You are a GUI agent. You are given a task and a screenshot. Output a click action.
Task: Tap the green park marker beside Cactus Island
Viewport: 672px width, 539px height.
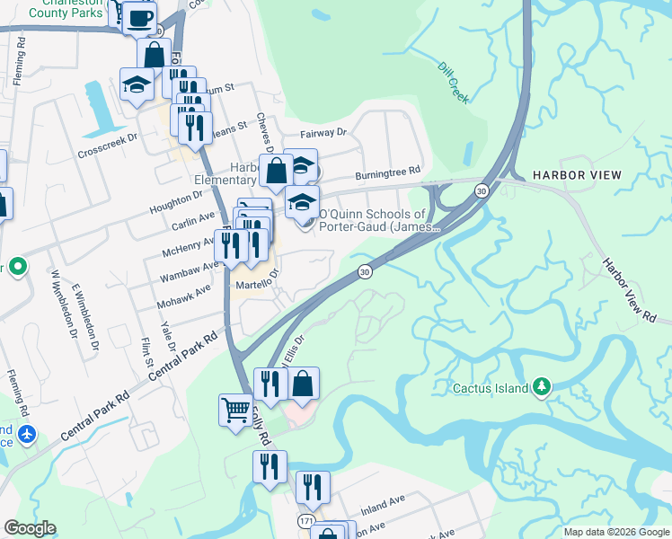[x=541, y=387]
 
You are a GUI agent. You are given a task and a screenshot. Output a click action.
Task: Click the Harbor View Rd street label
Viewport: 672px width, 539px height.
[x=629, y=291]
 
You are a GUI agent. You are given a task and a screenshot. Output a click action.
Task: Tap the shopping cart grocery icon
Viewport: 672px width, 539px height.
[x=235, y=411]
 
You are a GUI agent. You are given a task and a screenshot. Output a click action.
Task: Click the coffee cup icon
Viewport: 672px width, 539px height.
[x=139, y=18]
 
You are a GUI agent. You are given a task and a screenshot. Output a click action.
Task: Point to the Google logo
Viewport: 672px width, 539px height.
[x=30, y=528]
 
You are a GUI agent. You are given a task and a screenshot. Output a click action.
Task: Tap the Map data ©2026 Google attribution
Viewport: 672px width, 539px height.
[x=615, y=531]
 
